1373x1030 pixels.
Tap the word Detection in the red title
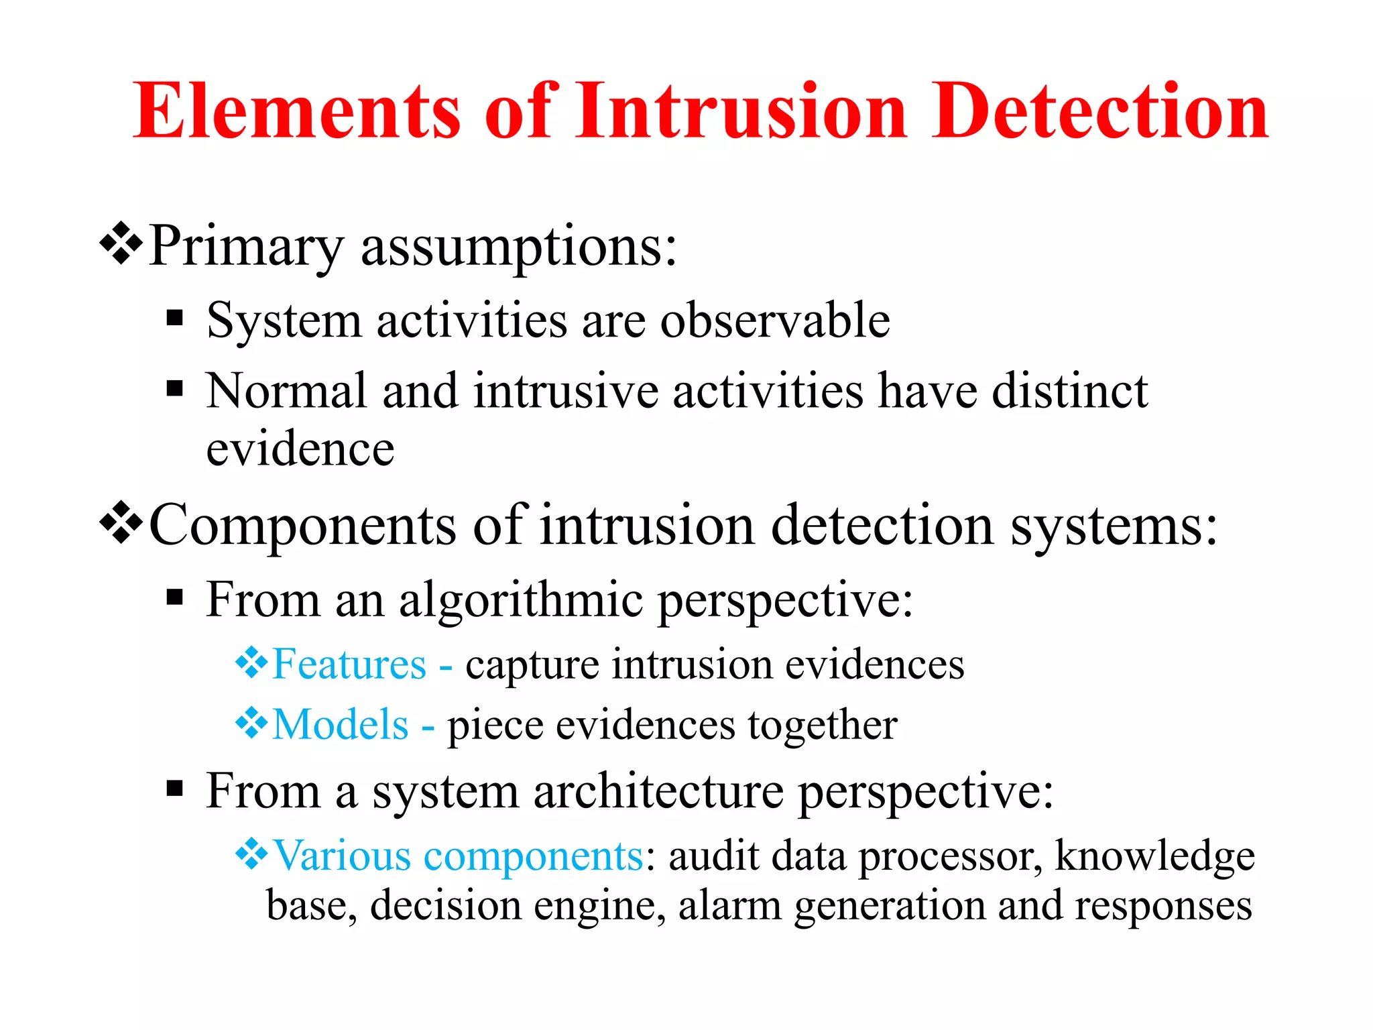pyautogui.click(x=1099, y=111)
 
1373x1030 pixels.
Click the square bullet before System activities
pyautogui.click(x=175, y=317)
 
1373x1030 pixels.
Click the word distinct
pyautogui.click(x=1069, y=391)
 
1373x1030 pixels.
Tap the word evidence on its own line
pyautogui.click(x=300, y=449)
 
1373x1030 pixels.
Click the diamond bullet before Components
pyautogui.click(x=121, y=522)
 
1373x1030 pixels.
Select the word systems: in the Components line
pyautogui.click(x=1114, y=526)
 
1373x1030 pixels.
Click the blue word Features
pyautogui.click(x=349, y=665)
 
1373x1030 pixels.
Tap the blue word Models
pyautogui.click(x=341, y=725)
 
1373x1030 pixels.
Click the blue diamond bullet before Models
pyautogui.click(x=251, y=723)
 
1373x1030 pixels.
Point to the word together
pyautogui.click(x=823, y=726)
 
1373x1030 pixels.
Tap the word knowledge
pyautogui.click(x=1154, y=856)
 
